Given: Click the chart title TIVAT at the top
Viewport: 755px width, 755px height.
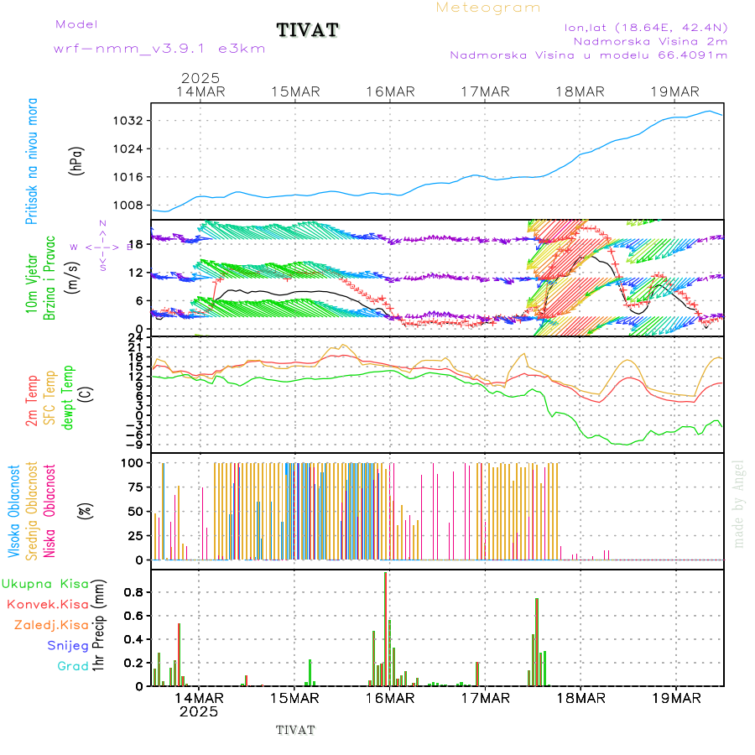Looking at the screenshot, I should click(x=308, y=30).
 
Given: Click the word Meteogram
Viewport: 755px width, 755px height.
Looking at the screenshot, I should click(x=488, y=8).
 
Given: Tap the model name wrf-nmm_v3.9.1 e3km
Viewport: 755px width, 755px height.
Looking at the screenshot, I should click(x=159, y=49).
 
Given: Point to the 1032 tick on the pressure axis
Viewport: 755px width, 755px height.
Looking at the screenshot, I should click(x=130, y=121).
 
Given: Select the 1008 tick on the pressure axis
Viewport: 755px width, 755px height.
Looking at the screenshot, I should click(x=130, y=205).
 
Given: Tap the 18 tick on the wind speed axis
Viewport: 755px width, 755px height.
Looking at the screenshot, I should click(x=135, y=244).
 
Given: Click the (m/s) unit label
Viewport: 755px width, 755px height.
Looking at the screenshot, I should click(x=77, y=273).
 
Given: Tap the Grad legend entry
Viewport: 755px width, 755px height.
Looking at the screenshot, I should click(x=73, y=666).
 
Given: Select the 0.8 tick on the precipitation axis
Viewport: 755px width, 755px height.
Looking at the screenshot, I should click(x=132, y=591).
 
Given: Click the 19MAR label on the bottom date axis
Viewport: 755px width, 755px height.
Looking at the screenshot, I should click(x=676, y=697).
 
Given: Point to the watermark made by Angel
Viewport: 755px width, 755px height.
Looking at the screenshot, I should click(x=739, y=503).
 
